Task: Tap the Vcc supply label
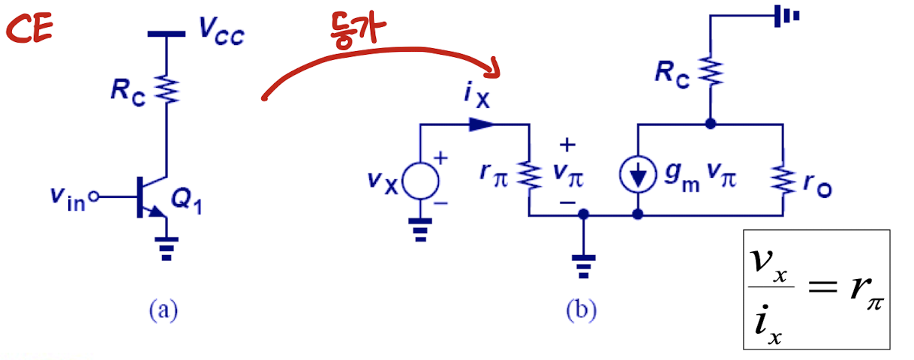tap(221, 31)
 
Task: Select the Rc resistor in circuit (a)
tap(167, 89)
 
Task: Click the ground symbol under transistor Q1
tap(167, 247)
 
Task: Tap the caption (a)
tap(164, 310)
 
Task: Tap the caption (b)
tap(581, 310)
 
